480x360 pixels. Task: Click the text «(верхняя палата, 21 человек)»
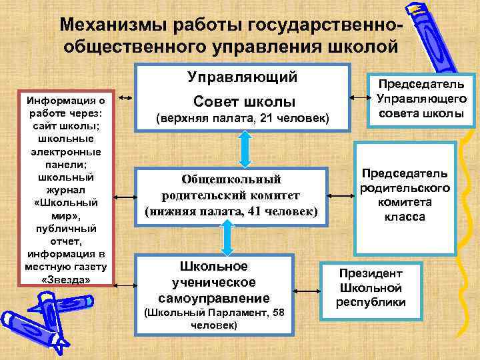[243, 119]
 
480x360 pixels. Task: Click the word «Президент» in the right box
[371, 273]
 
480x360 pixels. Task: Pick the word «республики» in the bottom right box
[371, 302]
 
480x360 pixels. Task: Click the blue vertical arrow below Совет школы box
[244, 147]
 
